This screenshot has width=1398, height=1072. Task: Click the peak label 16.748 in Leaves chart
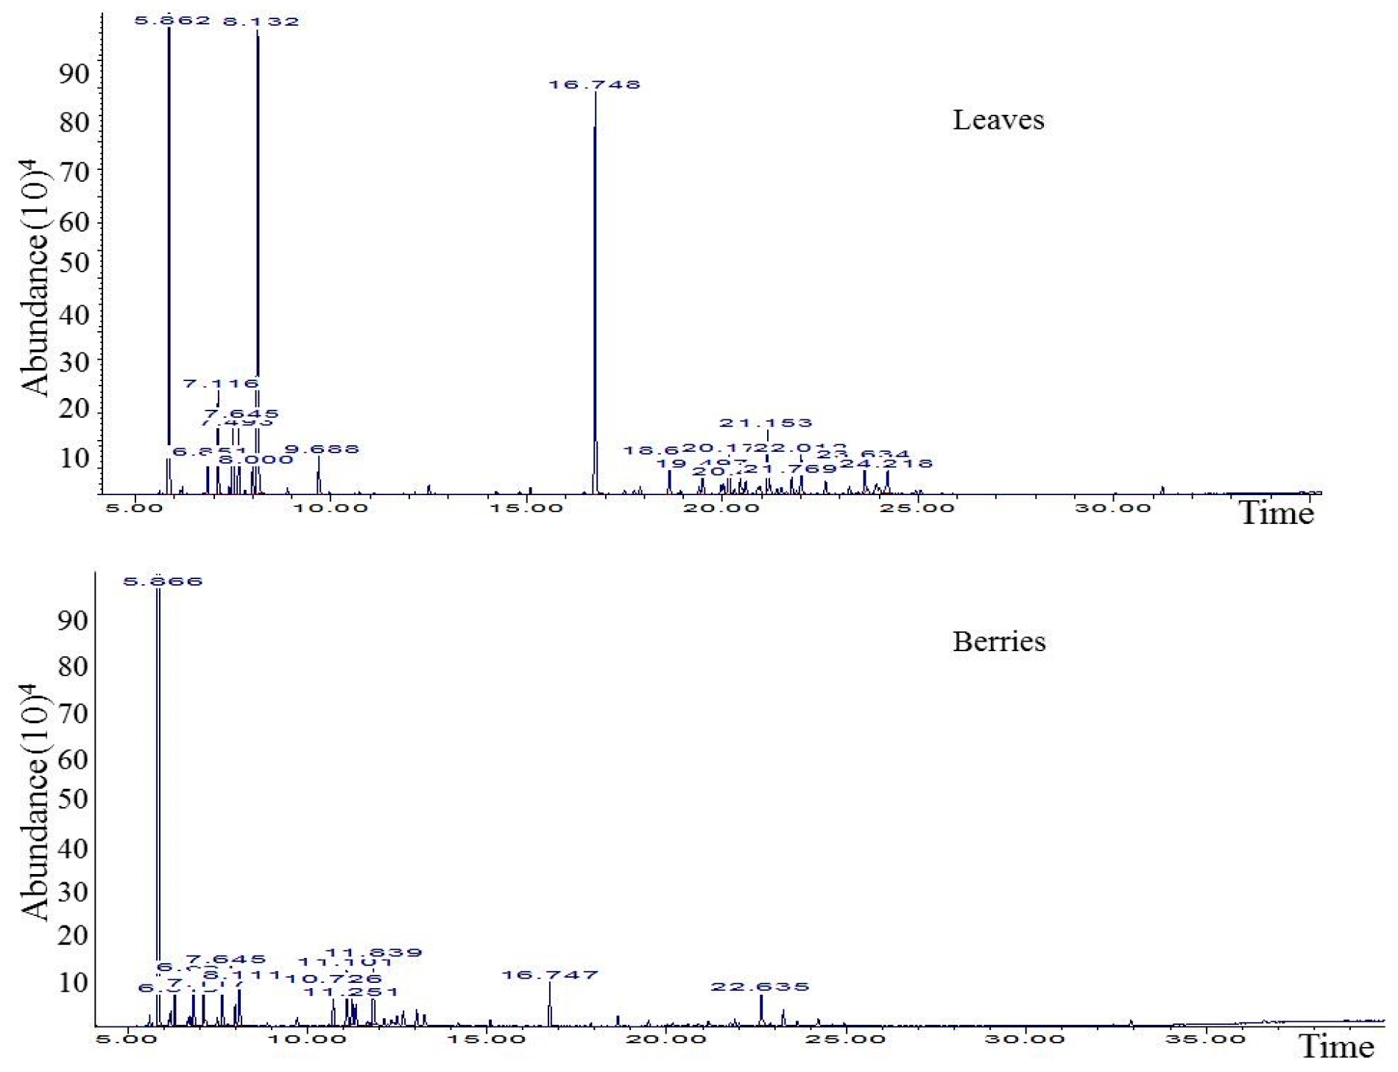(x=594, y=85)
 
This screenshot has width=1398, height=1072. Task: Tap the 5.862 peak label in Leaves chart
(x=172, y=21)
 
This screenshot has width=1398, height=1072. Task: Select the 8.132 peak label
(x=261, y=21)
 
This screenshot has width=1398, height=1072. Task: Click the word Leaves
(x=998, y=120)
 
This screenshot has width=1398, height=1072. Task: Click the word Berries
(x=999, y=642)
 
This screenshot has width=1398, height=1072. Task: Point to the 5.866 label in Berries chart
(x=163, y=581)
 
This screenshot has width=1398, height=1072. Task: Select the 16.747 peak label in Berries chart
(x=550, y=975)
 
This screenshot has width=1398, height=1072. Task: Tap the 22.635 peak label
(x=760, y=987)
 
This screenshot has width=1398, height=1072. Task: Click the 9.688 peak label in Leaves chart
(x=322, y=450)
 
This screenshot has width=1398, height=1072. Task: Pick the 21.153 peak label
(x=766, y=423)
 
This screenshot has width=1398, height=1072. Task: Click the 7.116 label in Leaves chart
(x=221, y=383)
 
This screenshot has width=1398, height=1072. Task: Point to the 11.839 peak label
(x=374, y=953)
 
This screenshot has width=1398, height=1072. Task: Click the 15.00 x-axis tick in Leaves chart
(x=526, y=508)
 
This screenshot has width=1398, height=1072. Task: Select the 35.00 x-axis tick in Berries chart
(x=1205, y=1039)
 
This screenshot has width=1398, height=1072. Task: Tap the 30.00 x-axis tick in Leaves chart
(x=1112, y=508)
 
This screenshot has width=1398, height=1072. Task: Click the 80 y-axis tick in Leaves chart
(x=74, y=122)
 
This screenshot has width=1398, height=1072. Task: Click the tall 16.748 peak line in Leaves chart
(x=595, y=294)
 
